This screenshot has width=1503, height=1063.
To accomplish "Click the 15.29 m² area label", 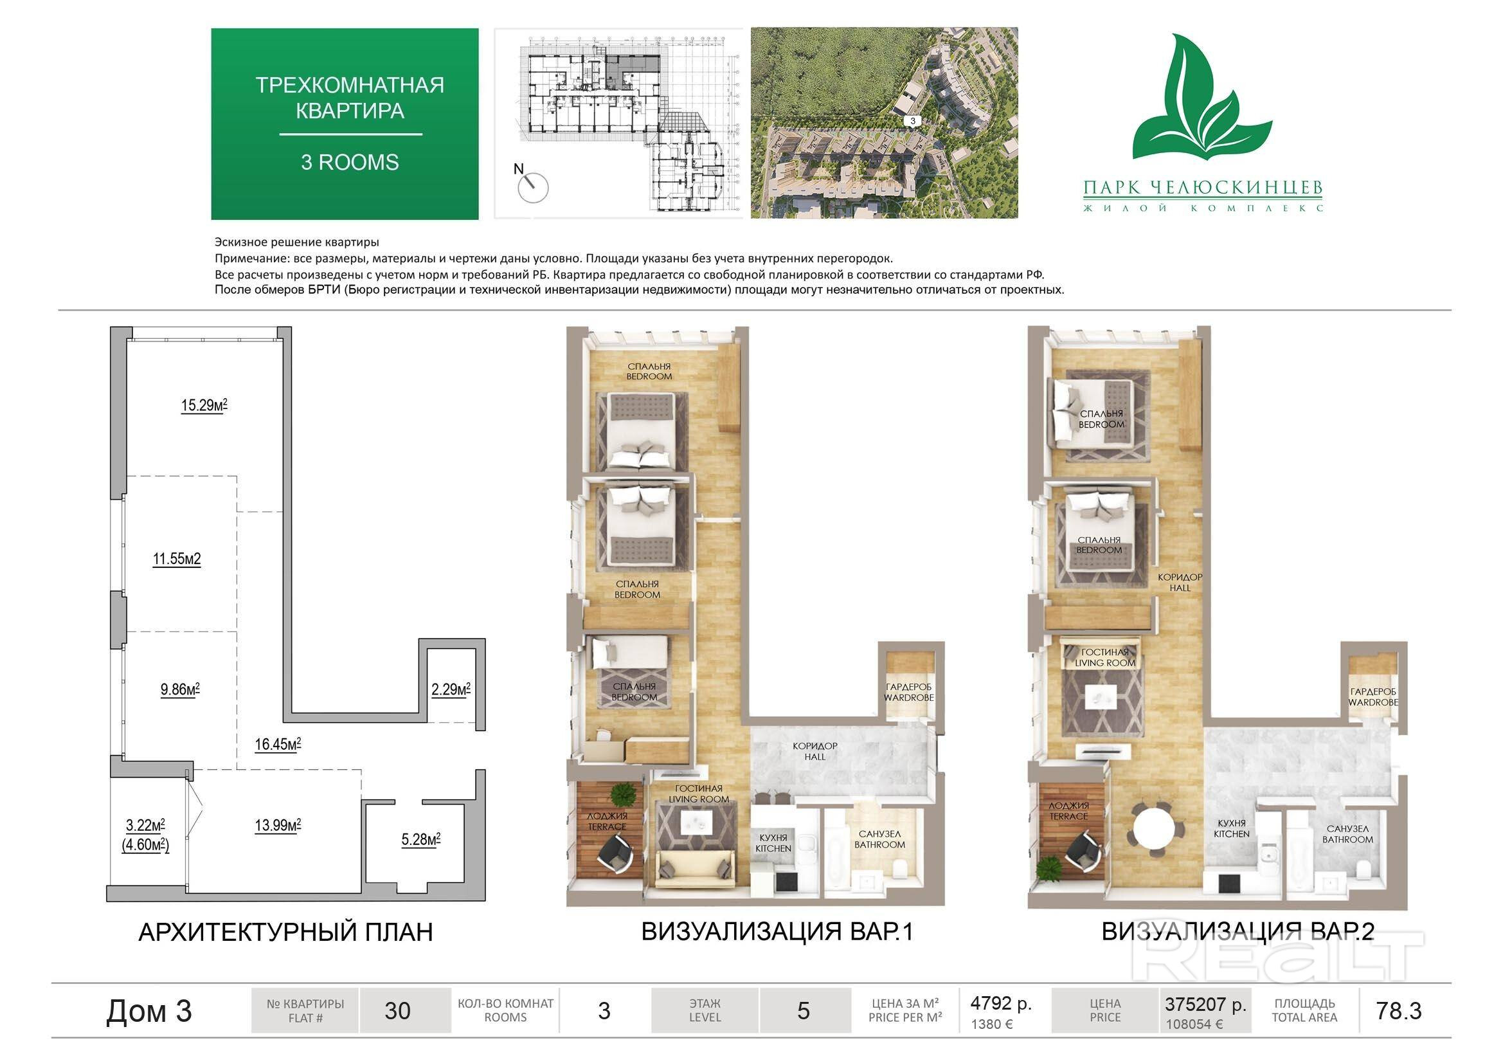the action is click(204, 405).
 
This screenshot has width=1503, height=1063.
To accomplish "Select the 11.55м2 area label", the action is click(177, 559).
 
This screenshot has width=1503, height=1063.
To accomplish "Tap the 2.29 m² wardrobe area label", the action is click(451, 689).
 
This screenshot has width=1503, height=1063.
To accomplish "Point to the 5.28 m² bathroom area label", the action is click(421, 839).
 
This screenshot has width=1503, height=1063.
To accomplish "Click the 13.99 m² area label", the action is click(278, 825).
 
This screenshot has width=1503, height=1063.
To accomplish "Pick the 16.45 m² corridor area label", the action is click(278, 744).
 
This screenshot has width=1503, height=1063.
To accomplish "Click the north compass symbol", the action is click(532, 184).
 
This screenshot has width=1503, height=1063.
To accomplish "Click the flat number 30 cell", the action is click(397, 1011).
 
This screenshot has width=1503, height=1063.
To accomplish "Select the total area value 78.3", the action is click(1399, 1011).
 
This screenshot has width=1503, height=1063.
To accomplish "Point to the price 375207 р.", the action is click(1205, 1004).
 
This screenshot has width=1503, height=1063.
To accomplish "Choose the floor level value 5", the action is click(804, 1011).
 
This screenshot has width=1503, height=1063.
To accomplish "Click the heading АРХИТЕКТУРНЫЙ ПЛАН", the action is click(285, 931).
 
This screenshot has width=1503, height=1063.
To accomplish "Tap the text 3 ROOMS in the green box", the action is click(350, 162).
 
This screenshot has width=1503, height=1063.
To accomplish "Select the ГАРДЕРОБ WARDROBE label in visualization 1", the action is click(908, 693).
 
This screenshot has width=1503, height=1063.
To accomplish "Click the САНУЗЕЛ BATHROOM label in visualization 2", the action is click(1347, 834).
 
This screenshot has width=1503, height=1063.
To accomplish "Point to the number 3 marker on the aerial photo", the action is click(913, 120).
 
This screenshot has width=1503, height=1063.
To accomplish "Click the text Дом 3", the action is click(149, 1011).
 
